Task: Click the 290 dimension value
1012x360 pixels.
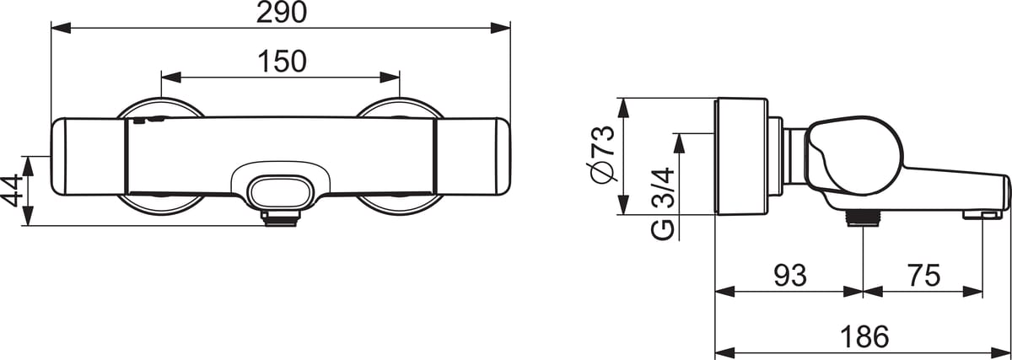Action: (x=282, y=13)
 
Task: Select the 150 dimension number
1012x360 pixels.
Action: (x=282, y=62)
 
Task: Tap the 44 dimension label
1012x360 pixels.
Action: (x=12, y=191)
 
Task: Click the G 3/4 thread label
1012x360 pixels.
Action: (x=663, y=204)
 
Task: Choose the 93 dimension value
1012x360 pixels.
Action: (x=790, y=276)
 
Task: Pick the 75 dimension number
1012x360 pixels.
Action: (x=924, y=276)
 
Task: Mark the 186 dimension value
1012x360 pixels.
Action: (x=864, y=336)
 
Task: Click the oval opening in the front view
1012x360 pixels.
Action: (x=282, y=192)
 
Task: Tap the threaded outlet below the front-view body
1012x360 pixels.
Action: (x=280, y=218)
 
